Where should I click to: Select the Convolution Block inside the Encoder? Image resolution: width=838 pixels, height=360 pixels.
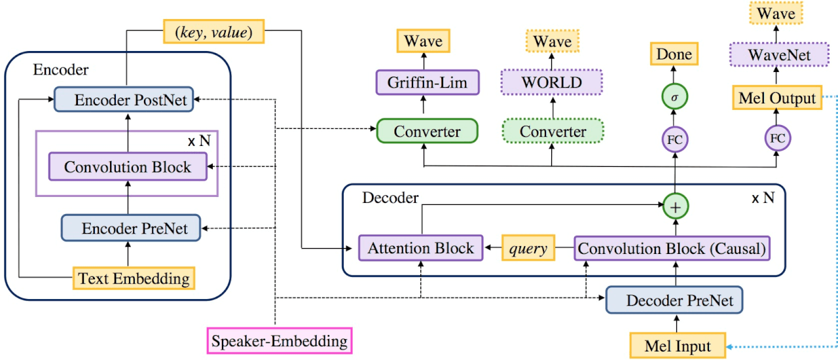pyautogui.click(x=128, y=166)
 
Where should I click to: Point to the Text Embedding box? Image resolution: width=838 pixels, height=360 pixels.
pyautogui.click(x=134, y=279)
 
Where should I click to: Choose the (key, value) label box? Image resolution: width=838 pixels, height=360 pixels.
pyautogui.click(x=213, y=31)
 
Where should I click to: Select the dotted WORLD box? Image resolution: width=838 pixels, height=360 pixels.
pyautogui.click(x=551, y=82)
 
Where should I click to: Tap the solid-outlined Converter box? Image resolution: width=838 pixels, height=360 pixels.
pyautogui.click(x=428, y=132)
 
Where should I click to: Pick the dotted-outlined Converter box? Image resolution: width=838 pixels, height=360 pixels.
pyautogui.click(x=553, y=132)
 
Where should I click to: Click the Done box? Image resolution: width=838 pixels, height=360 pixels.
pyautogui.click(x=674, y=54)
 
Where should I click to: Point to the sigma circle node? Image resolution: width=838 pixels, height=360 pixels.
pyautogui.click(x=674, y=97)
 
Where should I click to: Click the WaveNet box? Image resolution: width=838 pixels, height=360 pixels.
pyautogui.click(x=774, y=55)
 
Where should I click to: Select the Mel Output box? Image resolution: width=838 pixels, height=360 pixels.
pyautogui.click(x=776, y=99)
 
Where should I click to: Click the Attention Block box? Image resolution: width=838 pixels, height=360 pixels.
pyautogui.click(x=420, y=249)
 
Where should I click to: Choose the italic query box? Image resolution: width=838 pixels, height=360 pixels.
pyautogui.click(x=528, y=249)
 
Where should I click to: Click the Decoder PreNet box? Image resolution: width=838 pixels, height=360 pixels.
pyautogui.click(x=674, y=300)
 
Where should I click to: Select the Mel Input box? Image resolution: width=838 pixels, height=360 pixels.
pyautogui.click(x=679, y=345)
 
